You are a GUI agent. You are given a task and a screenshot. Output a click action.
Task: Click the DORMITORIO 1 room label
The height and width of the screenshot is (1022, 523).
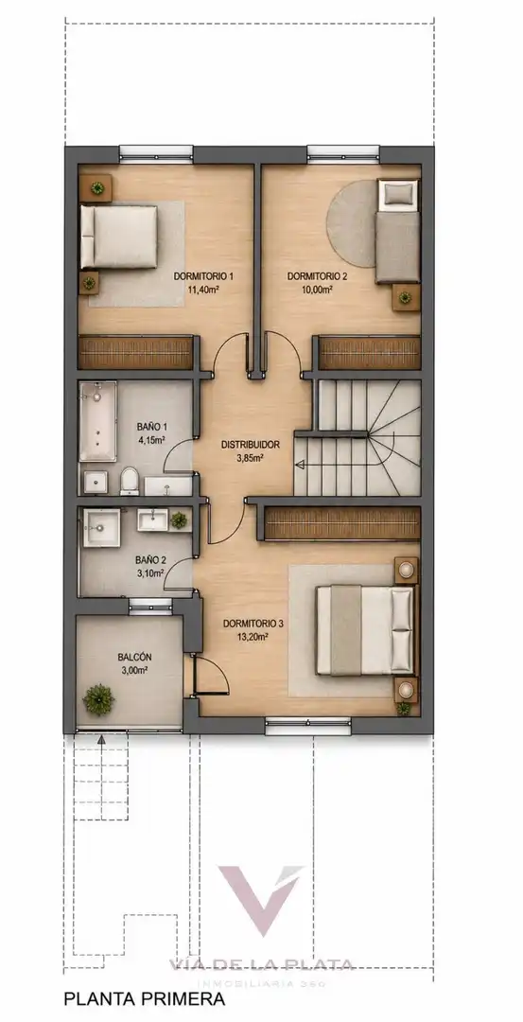click(203, 276)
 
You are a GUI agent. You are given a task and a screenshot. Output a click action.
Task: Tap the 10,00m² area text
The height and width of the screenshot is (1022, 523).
click(319, 290)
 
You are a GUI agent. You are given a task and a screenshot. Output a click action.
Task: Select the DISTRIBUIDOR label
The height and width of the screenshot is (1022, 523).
click(250, 445)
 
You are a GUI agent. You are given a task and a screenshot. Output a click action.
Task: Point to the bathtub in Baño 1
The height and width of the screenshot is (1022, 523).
click(97, 422)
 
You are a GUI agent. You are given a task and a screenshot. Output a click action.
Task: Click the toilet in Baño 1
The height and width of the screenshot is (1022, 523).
click(129, 481)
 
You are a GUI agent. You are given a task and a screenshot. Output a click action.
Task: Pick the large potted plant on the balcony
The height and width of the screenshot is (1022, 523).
click(98, 699)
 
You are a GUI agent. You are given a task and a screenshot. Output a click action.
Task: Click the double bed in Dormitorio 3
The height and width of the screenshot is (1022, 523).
click(365, 629)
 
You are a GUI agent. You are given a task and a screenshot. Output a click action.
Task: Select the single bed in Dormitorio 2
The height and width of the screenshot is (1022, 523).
click(397, 232)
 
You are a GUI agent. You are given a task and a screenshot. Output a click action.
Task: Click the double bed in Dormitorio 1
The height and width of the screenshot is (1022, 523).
click(119, 238)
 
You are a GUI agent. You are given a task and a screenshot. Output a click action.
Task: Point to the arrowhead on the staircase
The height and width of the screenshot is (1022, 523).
click(300, 465)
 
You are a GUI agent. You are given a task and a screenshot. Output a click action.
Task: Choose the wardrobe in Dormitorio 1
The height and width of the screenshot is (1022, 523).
click(136, 352)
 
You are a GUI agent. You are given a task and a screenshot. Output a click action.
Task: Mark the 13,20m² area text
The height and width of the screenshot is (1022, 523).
click(253, 637)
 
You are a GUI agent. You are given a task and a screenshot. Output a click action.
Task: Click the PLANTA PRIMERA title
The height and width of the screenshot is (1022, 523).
click(144, 998)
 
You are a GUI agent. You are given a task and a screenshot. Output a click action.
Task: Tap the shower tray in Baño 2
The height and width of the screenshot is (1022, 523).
click(102, 528)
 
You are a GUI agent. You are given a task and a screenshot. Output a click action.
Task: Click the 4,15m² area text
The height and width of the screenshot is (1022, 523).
click(151, 440)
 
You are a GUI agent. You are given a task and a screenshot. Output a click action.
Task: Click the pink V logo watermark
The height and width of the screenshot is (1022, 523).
click(260, 898)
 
